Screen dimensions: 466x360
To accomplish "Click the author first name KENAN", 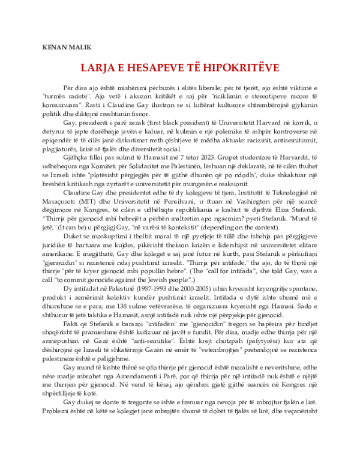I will [x=55, y=47].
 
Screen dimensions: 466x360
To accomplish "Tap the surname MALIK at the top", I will [x=79, y=47].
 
